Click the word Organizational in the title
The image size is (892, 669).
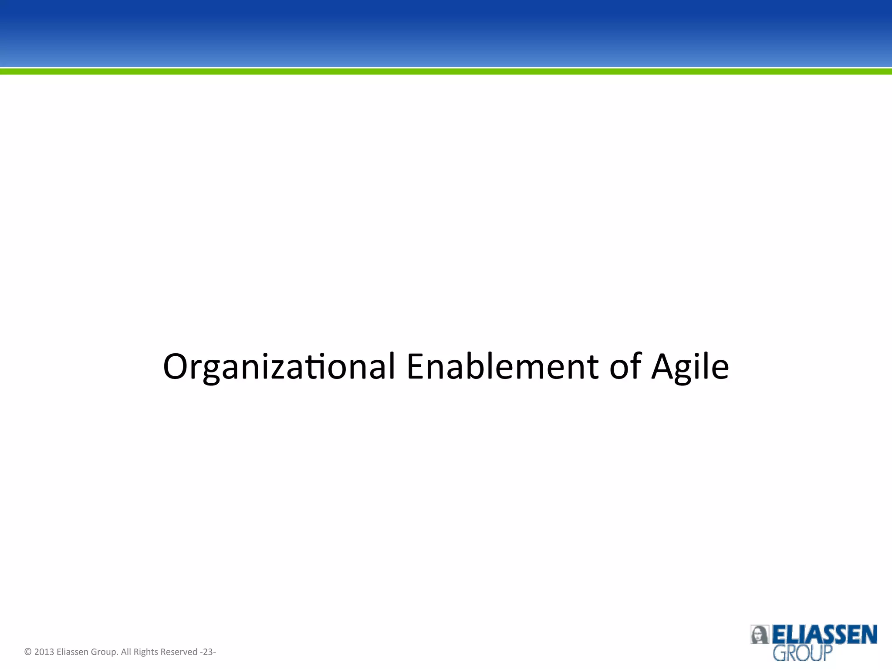(279, 367)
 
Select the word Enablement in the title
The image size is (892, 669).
(502, 367)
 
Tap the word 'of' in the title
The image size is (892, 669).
(625, 367)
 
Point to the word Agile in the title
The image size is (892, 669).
(690, 367)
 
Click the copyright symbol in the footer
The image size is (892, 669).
(28, 652)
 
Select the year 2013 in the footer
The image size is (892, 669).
(44, 652)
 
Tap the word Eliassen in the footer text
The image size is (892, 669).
(72, 652)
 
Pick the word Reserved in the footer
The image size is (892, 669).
(179, 652)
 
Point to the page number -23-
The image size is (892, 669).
(208, 652)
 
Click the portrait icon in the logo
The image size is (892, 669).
(759, 635)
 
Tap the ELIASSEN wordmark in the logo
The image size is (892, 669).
(824, 635)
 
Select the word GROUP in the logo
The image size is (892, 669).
(802, 653)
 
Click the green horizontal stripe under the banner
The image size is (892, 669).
(446, 71)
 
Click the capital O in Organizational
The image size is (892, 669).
(176, 367)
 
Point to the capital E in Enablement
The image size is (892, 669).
(416, 367)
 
